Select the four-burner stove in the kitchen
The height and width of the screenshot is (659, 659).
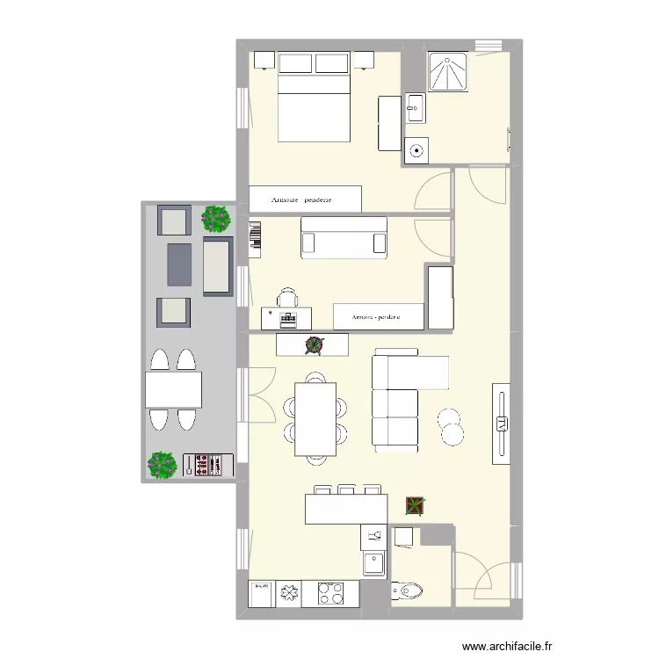click(x=329, y=594)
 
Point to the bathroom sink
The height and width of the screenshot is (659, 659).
click(x=415, y=109)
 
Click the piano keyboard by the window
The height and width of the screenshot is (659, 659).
click(x=256, y=239)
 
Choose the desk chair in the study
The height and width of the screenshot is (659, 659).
click(x=288, y=298)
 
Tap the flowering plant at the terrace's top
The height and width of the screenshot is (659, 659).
click(x=216, y=218)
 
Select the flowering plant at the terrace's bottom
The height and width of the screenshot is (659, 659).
click(x=162, y=465)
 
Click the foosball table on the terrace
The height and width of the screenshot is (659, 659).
click(x=208, y=465)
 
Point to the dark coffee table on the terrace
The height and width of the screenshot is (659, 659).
click(x=179, y=264)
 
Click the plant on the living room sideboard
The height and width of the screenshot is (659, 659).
click(x=313, y=345)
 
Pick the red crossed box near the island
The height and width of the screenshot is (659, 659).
click(x=414, y=505)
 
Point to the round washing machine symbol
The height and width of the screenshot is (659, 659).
click(x=416, y=149)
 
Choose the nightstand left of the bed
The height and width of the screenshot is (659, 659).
click(x=264, y=60)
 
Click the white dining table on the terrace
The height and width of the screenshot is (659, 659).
click(x=174, y=389)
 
